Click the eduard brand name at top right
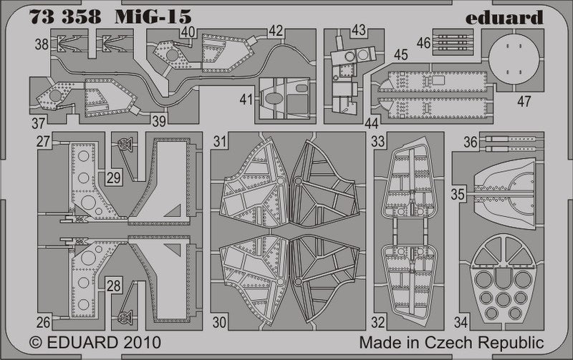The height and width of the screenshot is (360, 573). point(509,17)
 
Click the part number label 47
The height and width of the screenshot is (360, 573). point(524,101)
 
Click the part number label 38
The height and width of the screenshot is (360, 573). point(41,44)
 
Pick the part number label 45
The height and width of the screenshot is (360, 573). point(400,54)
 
